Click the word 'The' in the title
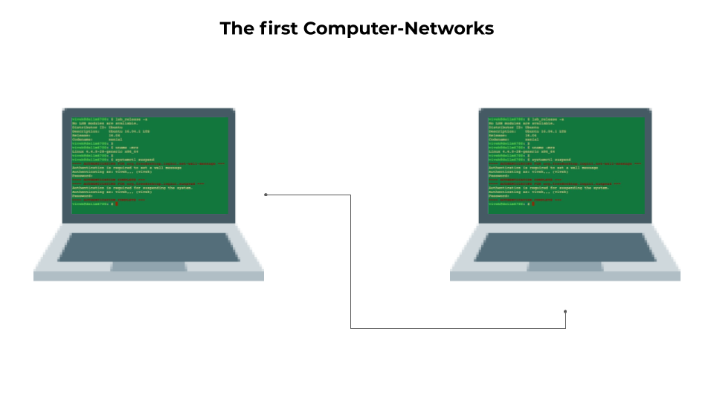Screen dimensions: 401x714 (238, 29)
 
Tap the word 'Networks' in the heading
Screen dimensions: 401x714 (448, 29)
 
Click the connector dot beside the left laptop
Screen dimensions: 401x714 (266, 195)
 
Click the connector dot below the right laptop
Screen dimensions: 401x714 (565, 312)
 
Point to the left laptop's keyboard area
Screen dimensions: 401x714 (149, 247)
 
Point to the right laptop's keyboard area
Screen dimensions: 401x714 (565, 247)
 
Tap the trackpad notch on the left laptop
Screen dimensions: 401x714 (149, 267)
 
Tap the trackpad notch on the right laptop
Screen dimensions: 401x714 (565, 267)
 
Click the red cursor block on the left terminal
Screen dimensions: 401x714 (117, 203)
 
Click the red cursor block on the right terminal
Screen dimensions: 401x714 (533, 203)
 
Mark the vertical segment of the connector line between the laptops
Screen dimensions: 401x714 (350, 260)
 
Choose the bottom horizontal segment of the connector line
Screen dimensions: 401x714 (457, 327)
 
